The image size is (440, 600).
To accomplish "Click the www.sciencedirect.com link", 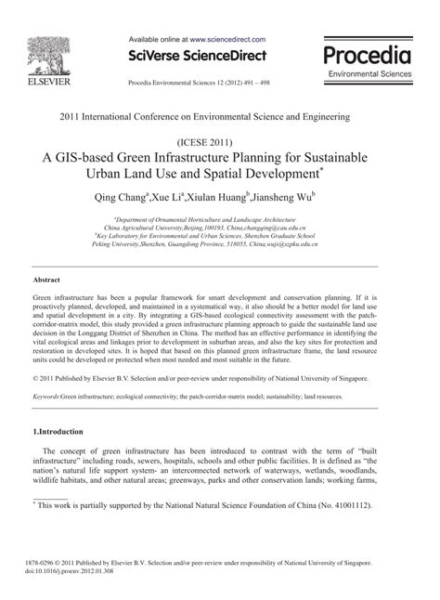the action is pos(227,40).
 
